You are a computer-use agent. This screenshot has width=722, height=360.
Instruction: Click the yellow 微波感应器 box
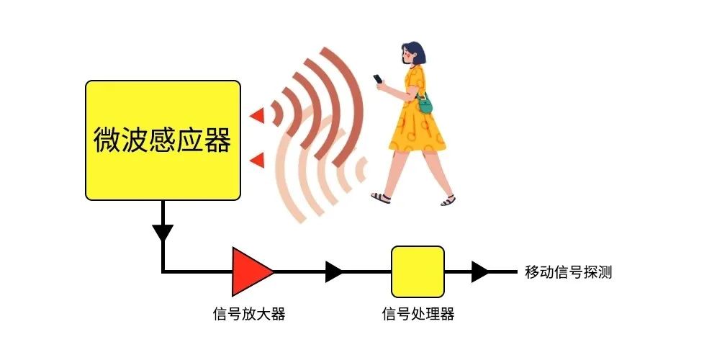pos(163,140)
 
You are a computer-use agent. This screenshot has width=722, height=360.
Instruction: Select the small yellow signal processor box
pos(418,271)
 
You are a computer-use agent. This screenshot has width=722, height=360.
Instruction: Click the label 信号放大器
pos(249,314)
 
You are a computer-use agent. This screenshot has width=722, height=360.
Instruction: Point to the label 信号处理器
pos(418,314)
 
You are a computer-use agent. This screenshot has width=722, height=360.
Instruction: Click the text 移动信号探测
pos(568,272)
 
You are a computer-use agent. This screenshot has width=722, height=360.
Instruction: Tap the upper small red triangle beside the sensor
pos(258,115)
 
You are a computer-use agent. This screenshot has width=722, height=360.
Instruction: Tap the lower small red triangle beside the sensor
pos(258,160)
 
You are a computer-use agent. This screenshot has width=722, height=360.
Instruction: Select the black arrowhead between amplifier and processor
pos(334,271)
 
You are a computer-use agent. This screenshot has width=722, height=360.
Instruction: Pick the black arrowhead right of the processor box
pos(480,271)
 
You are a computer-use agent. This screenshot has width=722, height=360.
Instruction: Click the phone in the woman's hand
pos(378,78)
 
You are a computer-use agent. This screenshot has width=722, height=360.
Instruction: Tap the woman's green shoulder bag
pos(425,104)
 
